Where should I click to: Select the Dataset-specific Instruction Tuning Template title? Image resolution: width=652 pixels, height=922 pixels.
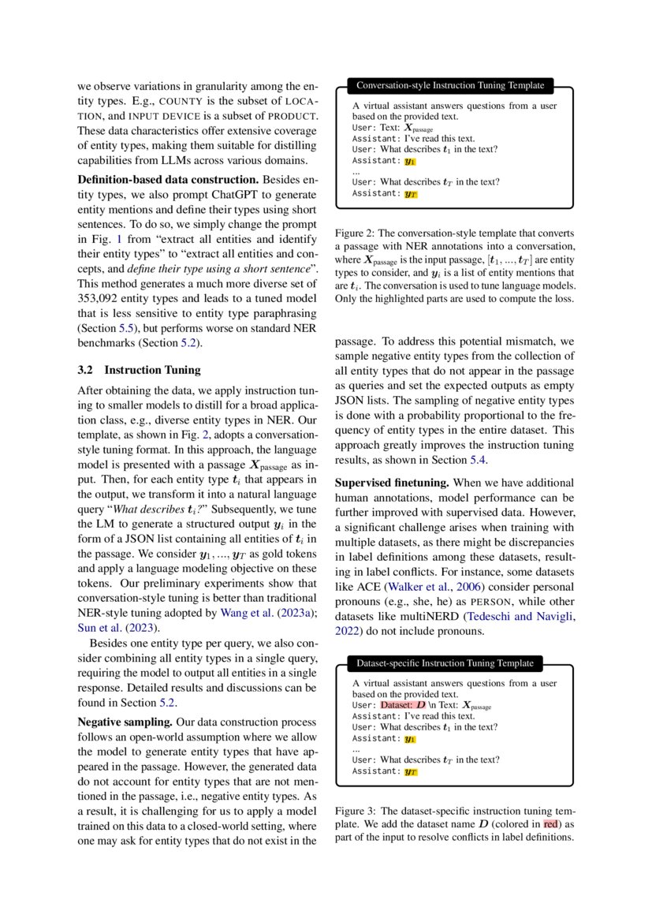[x=445, y=663]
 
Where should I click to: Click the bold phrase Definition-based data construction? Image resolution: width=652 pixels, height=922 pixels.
[x=168, y=181]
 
